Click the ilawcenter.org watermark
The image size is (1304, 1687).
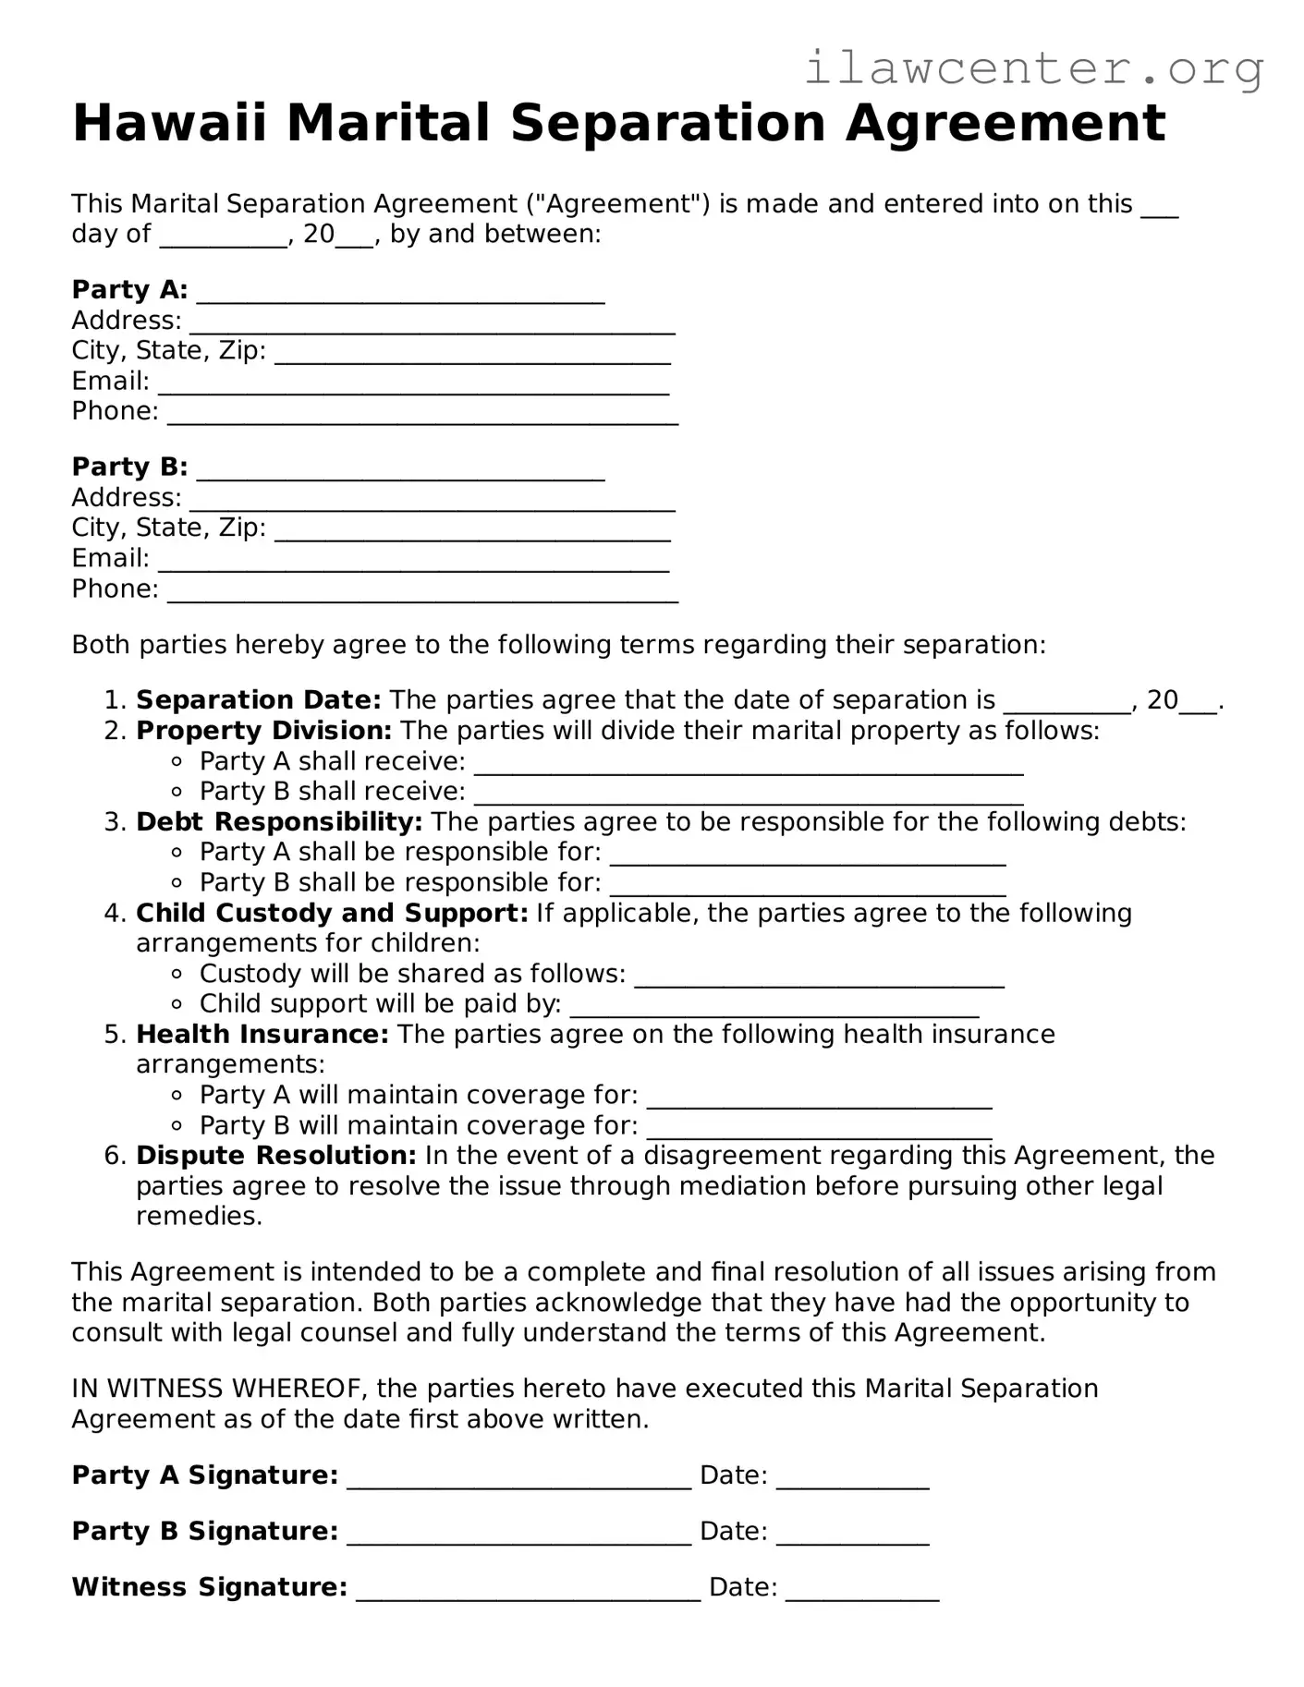1033,68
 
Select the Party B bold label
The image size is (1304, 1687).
129,467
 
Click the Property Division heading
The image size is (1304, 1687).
263,731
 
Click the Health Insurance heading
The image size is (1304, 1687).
262,1034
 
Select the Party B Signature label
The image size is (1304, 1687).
204,1532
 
